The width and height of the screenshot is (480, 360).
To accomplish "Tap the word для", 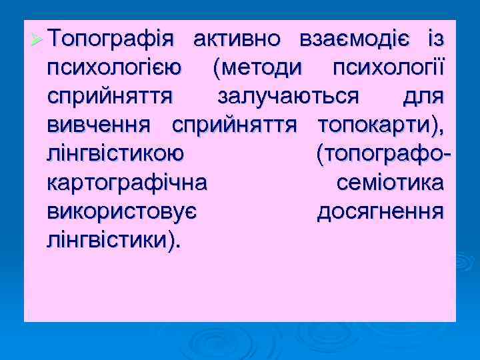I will (423, 97).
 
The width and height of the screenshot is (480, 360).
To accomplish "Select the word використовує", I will (121, 212).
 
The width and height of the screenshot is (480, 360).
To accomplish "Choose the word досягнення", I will (379, 212).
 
